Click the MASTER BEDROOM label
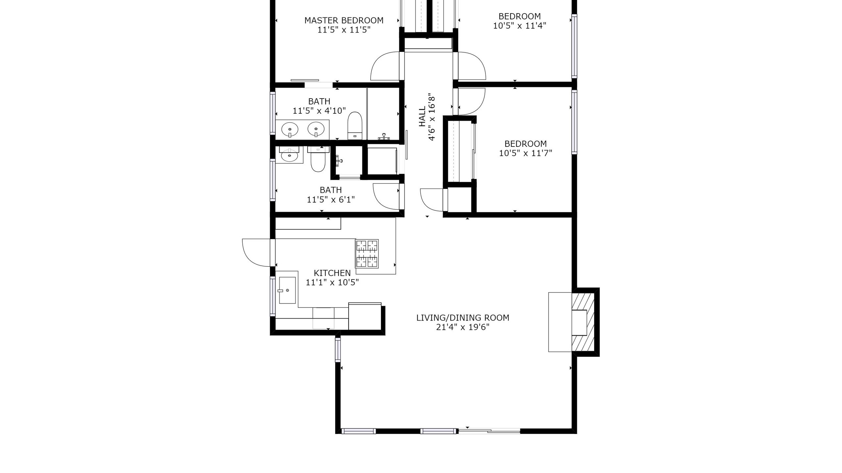pyautogui.click(x=344, y=20)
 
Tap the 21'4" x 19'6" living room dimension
pyautogui.click(x=463, y=327)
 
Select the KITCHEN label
pyautogui.click(x=332, y=273)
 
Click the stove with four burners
pyautogui.click(x=367, y=254)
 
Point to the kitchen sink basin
pyautogui.click(x=287, y=290)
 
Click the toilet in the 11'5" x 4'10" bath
pyautogui.click(x=355, y=126)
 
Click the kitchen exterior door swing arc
pyautogui.click(x=255, y=253)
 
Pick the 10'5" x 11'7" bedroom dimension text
pyautogui.click(x=525, y=153)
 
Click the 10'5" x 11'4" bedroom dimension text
pyautogui.click(x=519, y=26)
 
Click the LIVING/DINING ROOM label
pyautogui.click(x=463, y=318)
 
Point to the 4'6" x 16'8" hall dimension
pyautogui.click(x=432, y=117)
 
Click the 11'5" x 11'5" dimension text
pyautogui.click(x=344, y=30)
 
